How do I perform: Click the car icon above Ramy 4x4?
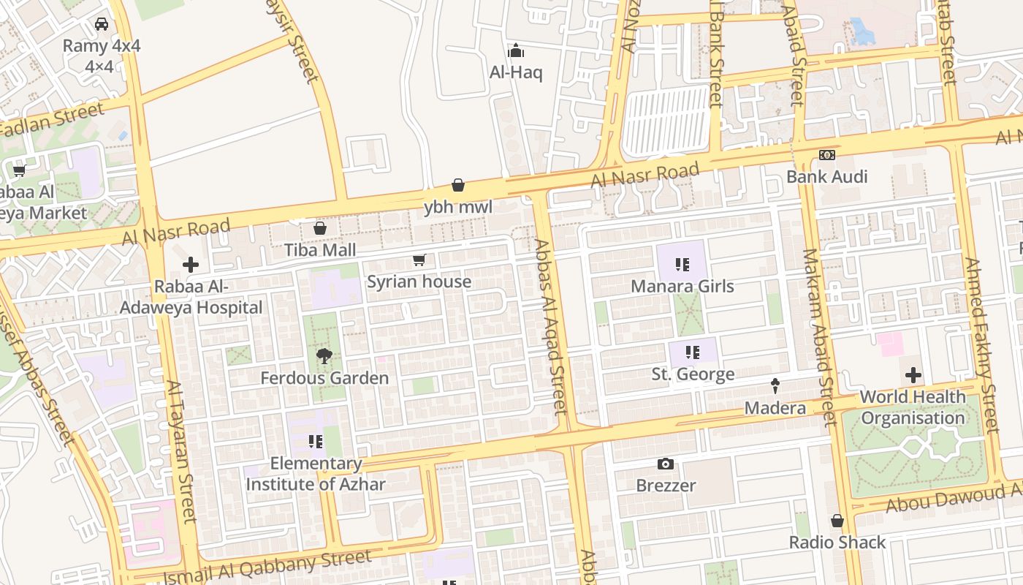(102, 24)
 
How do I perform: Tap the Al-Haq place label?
(516, 72)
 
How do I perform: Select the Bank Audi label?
(826, 176)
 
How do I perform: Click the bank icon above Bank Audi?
(826, 155)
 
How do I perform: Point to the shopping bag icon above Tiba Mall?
(319, 229)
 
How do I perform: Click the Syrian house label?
(419, 282)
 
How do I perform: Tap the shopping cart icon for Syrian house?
(419, 260)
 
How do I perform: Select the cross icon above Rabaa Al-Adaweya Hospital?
(191, 265)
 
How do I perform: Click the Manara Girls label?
(682, 286)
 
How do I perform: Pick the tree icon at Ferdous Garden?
(324, 356)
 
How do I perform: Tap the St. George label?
(693, 374)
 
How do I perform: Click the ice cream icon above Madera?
(775, 385)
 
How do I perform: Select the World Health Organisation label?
(913, 407)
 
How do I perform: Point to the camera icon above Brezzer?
(665, 464)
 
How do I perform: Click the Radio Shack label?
(837, 542)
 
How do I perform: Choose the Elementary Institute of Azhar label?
(316, 474)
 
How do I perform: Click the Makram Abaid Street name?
(819, 338)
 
